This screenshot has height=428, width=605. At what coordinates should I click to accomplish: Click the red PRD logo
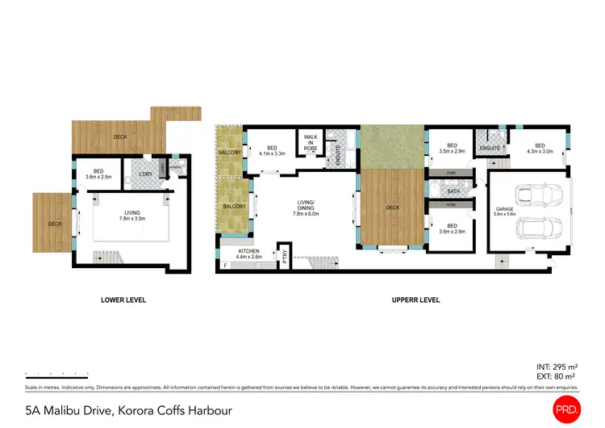pos(568,408)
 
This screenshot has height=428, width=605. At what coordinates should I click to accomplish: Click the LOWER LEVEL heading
pos(123,300)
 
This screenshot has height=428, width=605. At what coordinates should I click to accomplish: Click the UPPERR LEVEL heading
pos(416,300)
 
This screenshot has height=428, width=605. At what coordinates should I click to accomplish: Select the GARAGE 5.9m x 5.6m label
pos(504,212)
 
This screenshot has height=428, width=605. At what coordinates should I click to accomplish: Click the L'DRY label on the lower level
pos(146,174)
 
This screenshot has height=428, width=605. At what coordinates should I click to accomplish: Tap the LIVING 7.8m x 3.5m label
pos(132,216)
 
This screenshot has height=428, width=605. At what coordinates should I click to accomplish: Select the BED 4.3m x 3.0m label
pos(539,149)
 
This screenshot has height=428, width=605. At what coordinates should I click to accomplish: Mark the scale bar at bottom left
pos(57,374)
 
